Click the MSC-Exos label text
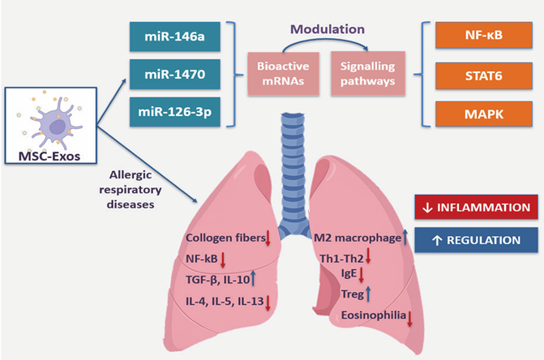49,154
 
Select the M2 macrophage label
356,238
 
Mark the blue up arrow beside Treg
367,294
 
